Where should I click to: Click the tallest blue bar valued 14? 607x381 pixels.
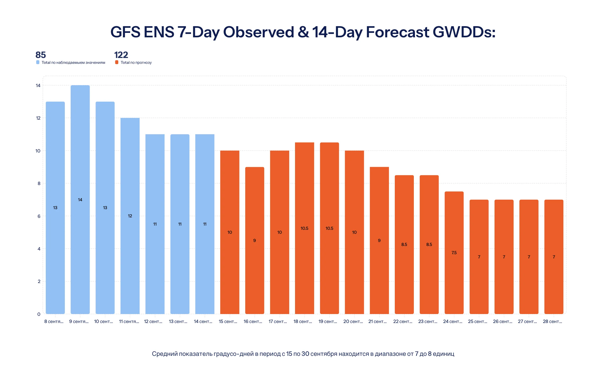pyautogui.click(x=80, y=199)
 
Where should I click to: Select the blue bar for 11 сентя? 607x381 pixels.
pyautogui.click(x=130, y=216)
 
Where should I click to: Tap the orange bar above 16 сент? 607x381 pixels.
pyautogui.click(x=255, y=240)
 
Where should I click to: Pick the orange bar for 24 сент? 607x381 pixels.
pyautogui.click(x=454, y=253)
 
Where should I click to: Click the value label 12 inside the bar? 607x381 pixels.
pyautogui.click(x=130, y=216)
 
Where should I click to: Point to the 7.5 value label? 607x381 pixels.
pyautogui.click(x=454, y=253)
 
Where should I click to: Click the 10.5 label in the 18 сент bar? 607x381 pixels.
pyautogui.click(x=304, y=228)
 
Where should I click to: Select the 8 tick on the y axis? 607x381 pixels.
pyautogui.click(x=39, y=183)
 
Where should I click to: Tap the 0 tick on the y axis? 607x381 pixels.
pyautogui.click(x=39, y=314)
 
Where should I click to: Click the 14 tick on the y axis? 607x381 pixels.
pyautogui.click(x=38, y=85)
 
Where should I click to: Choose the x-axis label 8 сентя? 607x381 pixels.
pyautogui.click(x=54, y=321)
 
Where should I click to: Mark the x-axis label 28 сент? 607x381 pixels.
pyautogui.click(x=552, y=321)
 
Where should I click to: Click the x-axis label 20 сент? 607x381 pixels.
pyautogui.click(x=353, y=321)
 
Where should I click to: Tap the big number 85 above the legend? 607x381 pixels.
pyautogui.click(x=41, y=55)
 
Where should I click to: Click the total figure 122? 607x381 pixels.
pyautogui.click(x=121, y=55)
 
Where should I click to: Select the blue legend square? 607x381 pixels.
pyautogui.click(x=38, y=62)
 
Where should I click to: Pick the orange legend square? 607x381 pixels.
pyautogui.click(x=117, y=62)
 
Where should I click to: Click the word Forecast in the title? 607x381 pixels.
pyautogui.click(x=397, y=32)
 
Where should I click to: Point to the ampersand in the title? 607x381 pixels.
pyautogui.click(x=303, y=32)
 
